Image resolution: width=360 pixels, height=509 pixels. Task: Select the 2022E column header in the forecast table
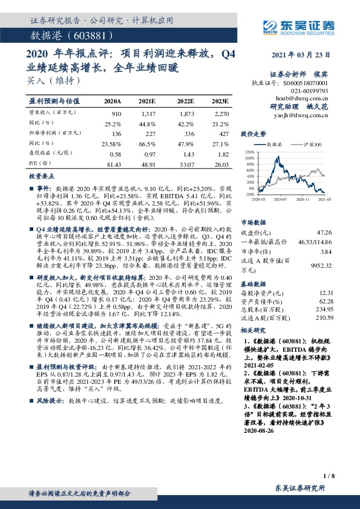(186, 101)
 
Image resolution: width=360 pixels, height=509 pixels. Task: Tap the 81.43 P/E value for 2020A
(113, 164)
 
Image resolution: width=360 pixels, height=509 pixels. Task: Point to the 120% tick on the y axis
(249, 152)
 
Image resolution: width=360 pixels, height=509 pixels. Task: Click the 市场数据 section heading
(254, 222)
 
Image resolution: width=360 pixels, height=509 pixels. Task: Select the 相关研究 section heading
(254, 331)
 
